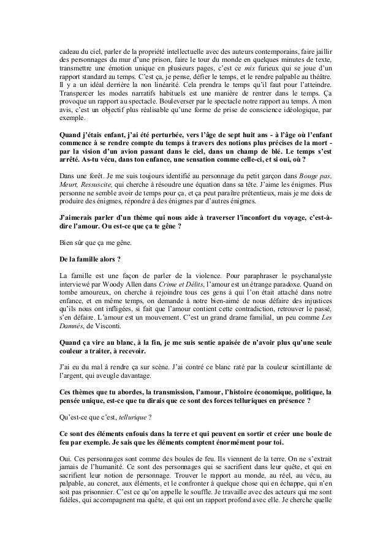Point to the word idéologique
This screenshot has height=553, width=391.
coord(302,110)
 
